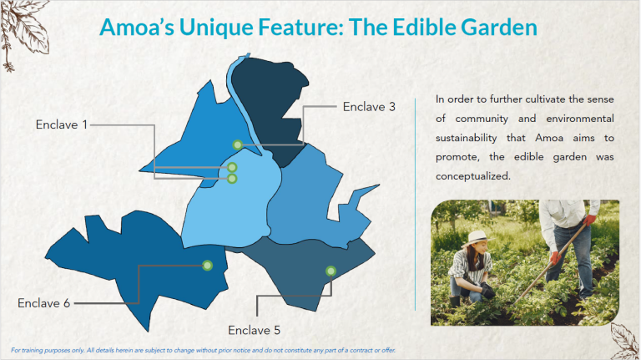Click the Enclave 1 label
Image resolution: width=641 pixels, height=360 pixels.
tap(61, 124)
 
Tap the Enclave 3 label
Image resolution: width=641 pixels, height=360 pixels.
tap(368, 106)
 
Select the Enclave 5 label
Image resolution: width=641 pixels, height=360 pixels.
tap(254, 329)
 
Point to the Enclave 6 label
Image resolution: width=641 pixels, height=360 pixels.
tap(43, 302)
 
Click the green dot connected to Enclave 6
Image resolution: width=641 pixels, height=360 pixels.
tap(207, 266)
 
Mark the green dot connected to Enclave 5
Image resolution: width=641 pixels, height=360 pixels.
tap(331, 271)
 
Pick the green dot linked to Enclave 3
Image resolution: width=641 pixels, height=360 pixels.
tap(238, 145)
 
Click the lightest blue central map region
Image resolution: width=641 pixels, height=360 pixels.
tap(225, 209)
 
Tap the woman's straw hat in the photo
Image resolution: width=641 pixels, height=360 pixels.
tap(477, 238)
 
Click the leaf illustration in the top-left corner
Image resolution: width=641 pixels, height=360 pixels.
tap(21, 25)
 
